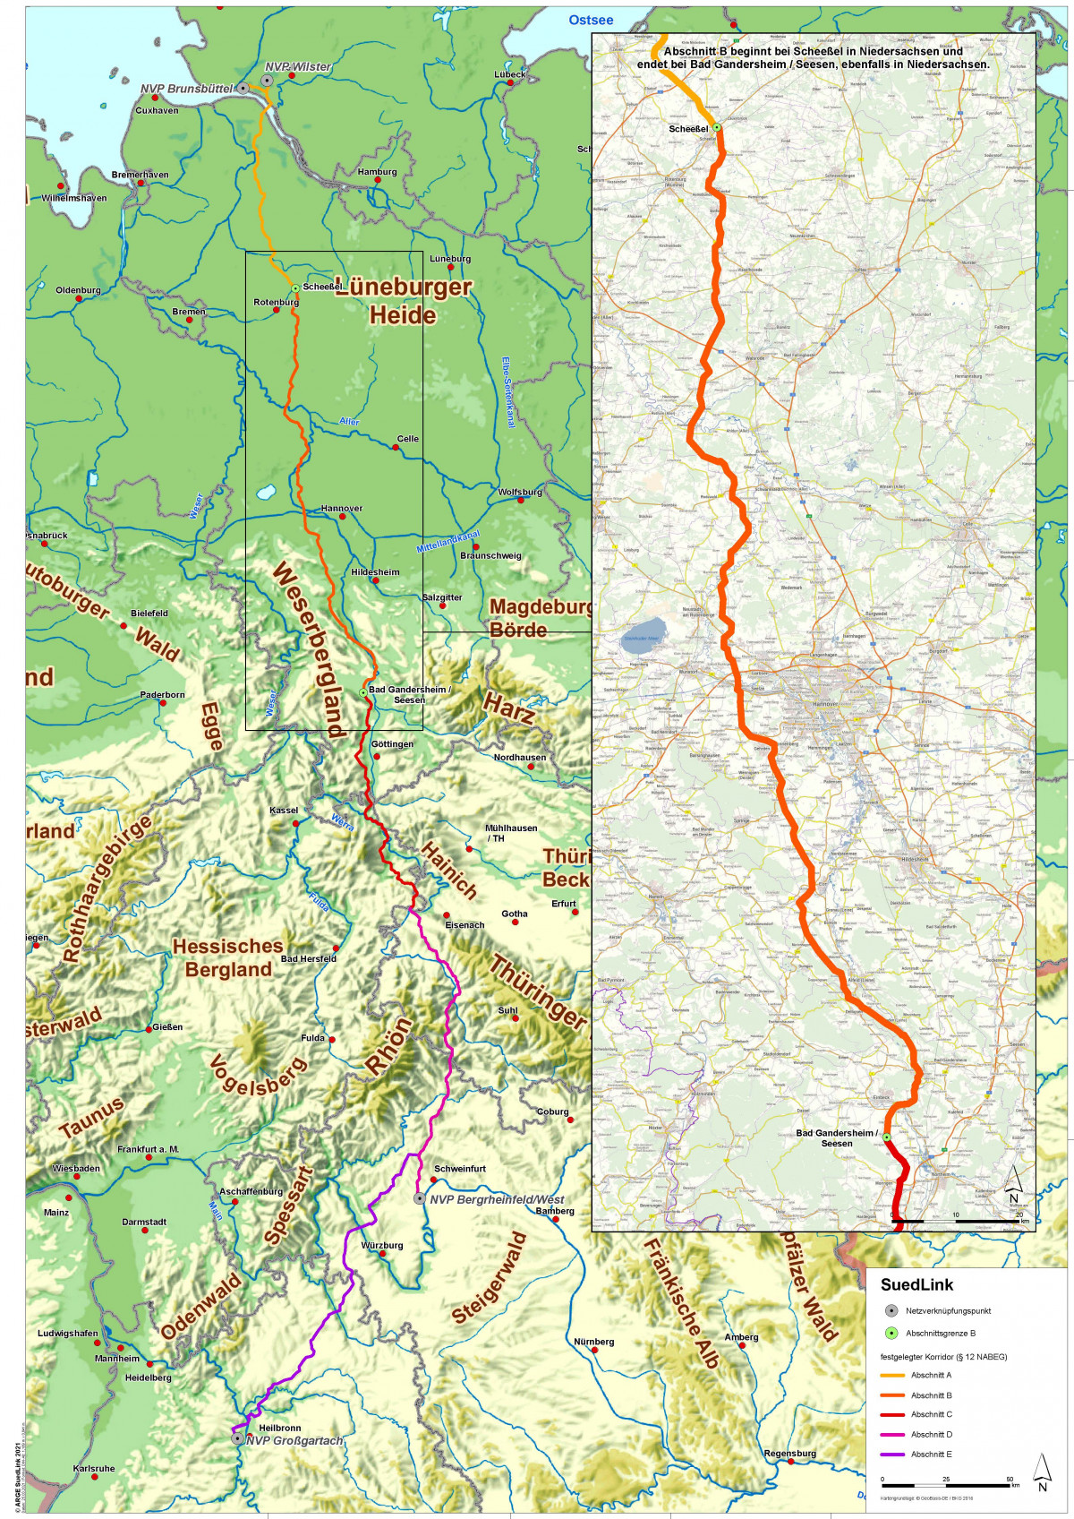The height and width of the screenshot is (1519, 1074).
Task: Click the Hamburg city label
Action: (377, 172)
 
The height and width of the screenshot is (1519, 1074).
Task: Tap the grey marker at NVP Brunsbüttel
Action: (243, 88)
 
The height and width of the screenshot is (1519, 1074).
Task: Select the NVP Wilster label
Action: (298, 67)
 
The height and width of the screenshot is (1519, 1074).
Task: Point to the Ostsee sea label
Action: (591, 20)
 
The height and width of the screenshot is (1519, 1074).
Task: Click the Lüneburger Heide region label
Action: (404, 301)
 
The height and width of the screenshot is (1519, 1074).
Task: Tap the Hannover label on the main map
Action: (342, 508)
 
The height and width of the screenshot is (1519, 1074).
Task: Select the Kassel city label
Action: (284, 811)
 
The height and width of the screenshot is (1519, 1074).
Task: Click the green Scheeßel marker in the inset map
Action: (717, 127)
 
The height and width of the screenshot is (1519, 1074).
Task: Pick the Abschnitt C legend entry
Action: (931, 1414)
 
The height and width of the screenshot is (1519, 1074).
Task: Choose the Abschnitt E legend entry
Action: (931, 1454)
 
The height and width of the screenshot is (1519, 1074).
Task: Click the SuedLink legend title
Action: (916, 1284)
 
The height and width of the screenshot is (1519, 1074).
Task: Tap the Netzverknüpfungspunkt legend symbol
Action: (891, 1310)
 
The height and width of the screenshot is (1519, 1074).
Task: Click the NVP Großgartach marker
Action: (237, 1438)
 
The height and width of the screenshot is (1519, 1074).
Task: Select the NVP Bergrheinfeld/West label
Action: (497, 1199)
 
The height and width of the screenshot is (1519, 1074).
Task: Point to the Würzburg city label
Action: (382, 1245)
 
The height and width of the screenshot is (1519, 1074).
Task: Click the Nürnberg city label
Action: (594, 1342)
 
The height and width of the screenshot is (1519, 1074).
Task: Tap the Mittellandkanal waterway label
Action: (447, 542)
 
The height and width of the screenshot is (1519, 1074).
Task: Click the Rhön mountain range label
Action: (390, 1045)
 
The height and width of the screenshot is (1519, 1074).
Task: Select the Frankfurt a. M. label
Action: (149, 1149)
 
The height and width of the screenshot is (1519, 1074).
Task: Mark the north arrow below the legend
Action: (1042, 1471)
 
